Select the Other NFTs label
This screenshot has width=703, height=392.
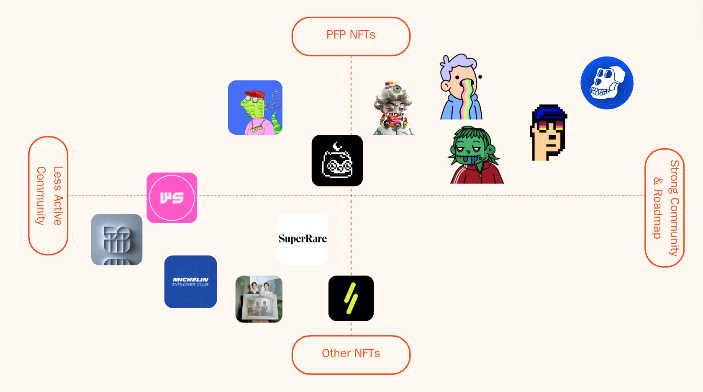tap(351, 354)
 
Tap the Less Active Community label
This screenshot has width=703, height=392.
tap(48, 196)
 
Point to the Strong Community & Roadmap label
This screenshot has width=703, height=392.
tap(665, 208)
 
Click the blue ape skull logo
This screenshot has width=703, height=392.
tap(607, 83)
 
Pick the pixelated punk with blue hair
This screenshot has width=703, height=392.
tap(549, 133)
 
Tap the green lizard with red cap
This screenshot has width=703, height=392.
tap(255, 108)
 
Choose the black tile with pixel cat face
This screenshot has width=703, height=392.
tap(337, 160)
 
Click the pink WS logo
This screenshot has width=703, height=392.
tap(172, 198)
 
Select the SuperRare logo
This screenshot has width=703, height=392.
tap(303, 239)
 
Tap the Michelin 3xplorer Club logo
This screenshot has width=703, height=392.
tap(190, 282)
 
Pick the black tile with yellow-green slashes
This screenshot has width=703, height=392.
tap(351, 298)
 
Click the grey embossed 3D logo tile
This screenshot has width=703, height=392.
tap(117, 240)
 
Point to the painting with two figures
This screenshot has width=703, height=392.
tap(259, 299)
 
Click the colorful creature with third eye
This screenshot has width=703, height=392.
tap(393, 109)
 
